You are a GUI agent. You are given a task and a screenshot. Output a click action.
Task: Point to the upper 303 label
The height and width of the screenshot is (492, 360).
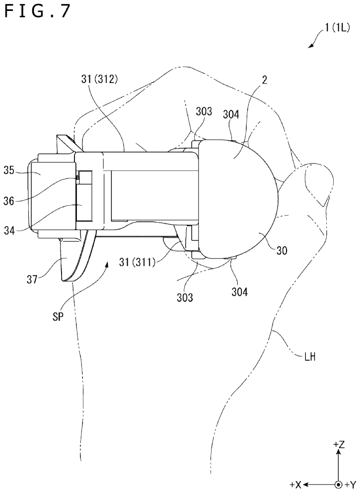coord(204,112)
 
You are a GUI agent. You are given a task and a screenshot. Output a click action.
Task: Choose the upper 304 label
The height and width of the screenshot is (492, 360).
coord(231,115)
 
